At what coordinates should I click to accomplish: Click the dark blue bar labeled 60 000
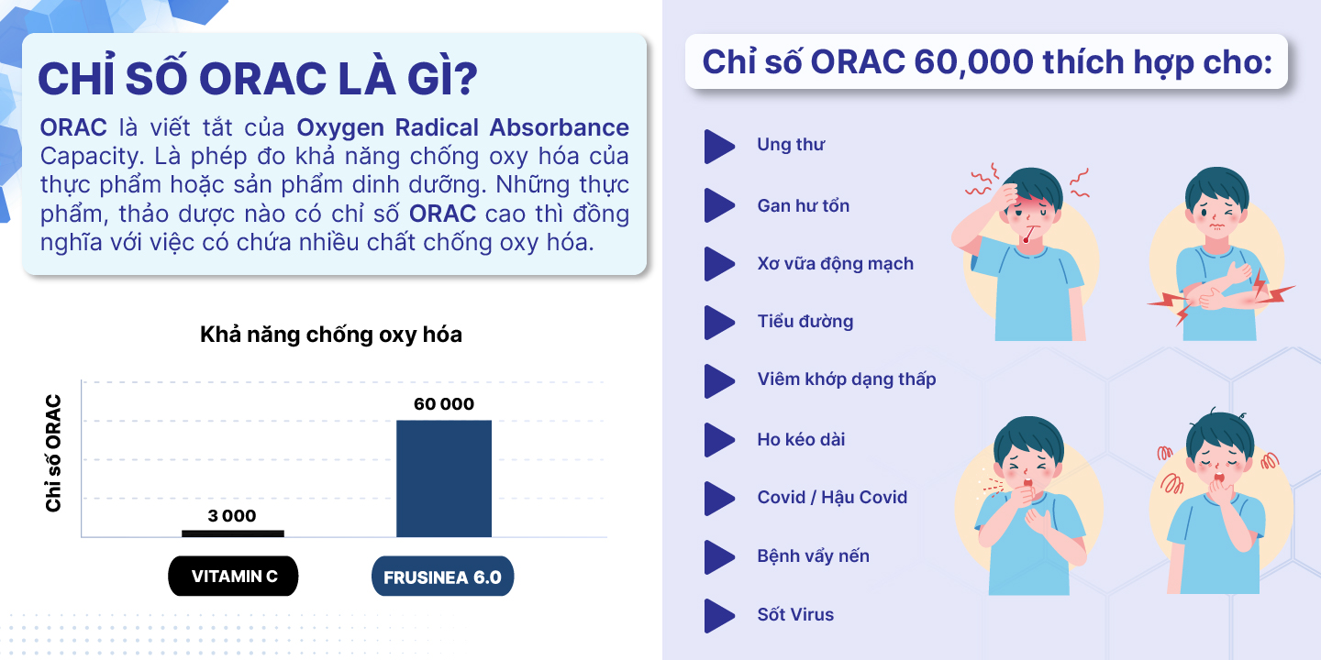443,478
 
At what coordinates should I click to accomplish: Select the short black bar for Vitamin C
233,533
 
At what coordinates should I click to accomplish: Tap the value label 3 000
232,515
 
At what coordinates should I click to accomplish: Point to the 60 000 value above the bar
443,403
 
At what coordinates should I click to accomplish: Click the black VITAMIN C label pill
234,576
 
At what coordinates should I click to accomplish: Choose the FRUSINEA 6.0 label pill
442,577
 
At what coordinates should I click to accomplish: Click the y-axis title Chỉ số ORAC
53,453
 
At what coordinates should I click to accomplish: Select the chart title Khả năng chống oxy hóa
331,335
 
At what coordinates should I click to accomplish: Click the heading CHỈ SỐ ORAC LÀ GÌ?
258,78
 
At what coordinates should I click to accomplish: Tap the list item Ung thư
791,145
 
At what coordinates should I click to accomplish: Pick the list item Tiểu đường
805,321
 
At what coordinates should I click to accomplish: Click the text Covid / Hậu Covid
832,498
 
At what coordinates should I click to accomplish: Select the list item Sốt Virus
795,614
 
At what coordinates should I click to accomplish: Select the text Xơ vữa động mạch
835,263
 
